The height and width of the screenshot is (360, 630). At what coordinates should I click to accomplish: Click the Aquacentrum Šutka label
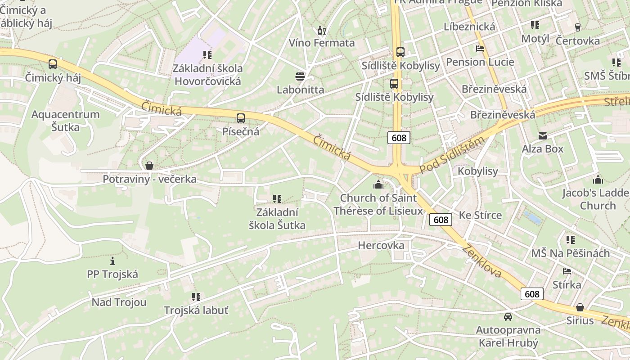point(65,121)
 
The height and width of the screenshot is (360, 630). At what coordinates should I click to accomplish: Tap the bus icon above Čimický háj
point(53,64)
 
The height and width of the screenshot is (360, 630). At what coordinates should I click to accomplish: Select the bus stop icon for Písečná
point(241,118)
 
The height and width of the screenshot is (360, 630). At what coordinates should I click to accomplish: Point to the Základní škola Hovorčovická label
point(208,75)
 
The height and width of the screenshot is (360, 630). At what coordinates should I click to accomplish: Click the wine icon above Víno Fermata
point(321,31)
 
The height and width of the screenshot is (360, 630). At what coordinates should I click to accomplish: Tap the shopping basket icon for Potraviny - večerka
point(149,166)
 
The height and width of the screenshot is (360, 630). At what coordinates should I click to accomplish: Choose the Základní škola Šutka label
point(277,219)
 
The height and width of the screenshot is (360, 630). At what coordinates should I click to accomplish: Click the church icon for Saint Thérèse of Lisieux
point(378,184)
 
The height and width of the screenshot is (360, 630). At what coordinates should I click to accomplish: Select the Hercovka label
point(381,245)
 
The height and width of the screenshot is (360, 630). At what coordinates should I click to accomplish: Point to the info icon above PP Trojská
point(112,261)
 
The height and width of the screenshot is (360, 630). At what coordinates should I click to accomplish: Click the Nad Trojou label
point(119,302)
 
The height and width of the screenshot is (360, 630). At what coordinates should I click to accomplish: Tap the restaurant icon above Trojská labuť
point(196,297)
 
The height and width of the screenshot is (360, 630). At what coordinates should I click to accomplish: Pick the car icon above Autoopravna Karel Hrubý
point(508,316)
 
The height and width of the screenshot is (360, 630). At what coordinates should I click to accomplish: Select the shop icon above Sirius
point(580,307)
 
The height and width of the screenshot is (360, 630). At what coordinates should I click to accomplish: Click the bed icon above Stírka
point(567,271)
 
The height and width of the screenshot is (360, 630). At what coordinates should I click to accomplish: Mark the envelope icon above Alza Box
point(542,135)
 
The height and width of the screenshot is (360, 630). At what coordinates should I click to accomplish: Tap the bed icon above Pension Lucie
point(480,48)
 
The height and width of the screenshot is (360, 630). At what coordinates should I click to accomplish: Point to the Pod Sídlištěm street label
point(452,155)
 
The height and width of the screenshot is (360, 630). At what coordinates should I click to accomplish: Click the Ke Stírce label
point(480,215)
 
